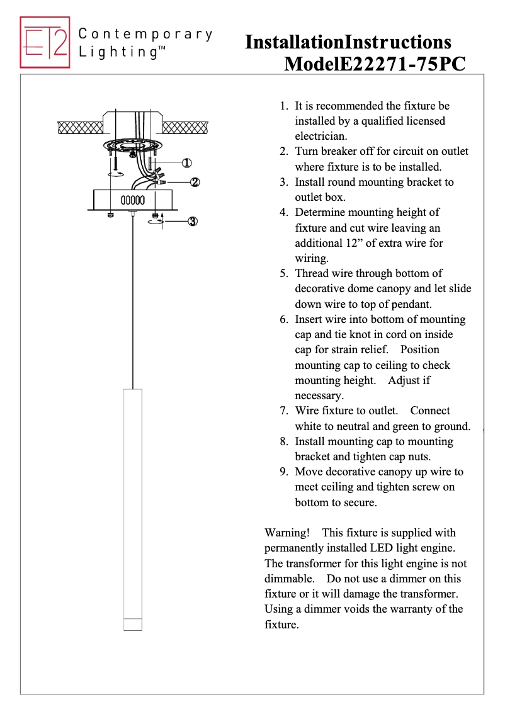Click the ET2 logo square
(x=45, y=42)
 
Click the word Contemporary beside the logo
(x=145, y=34)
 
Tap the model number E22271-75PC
(x=403, y=64)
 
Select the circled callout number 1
(x=186, y=162)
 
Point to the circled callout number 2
(x=195, y=182)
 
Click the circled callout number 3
(x=193, y=221)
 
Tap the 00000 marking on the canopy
(x=132, y=200)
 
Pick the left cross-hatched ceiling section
(x=79, y=127)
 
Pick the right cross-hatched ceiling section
(x=185, y=127)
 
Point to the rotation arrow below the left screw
(x=115, y=174)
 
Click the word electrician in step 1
(x=321, y=136)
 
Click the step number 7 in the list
(x=284, y=411)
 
